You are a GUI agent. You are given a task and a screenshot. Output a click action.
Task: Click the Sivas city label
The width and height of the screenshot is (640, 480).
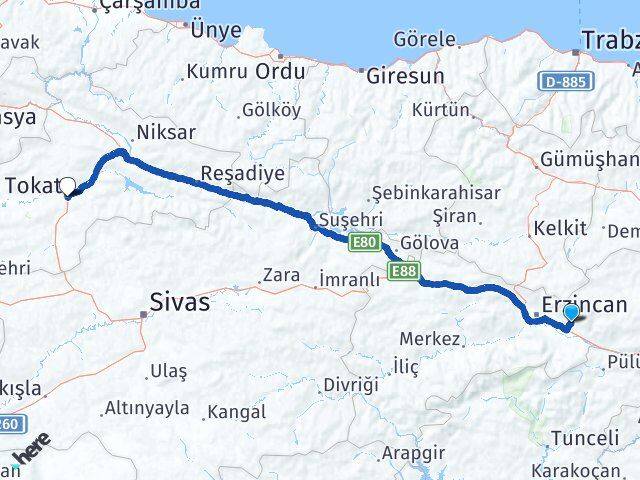(x=180, y=301)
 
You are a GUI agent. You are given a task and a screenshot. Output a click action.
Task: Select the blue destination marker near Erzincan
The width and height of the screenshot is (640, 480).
(x=571, y=314)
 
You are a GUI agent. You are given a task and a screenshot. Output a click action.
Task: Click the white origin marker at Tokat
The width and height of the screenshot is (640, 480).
(x=68, y=185)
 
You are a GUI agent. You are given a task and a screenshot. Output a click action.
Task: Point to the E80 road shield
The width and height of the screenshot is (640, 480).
(x=363, y=241)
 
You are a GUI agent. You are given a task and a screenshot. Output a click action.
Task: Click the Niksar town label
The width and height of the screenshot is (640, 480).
(x=167, y=133)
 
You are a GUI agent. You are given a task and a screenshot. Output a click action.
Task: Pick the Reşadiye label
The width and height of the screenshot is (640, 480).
(x=243, y=173)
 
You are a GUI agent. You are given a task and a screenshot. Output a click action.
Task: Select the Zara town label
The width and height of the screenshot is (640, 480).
(x=281, y=275)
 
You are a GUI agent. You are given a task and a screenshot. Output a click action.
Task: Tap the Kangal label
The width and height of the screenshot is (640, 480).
(x=236, y=411)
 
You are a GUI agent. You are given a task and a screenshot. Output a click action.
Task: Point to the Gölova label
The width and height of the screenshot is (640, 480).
(x=430, y=243)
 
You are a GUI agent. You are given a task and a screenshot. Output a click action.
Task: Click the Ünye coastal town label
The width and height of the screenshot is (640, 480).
(x=216, y=30)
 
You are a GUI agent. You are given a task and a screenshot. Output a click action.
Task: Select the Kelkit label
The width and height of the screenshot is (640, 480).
(x=560, y=228)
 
